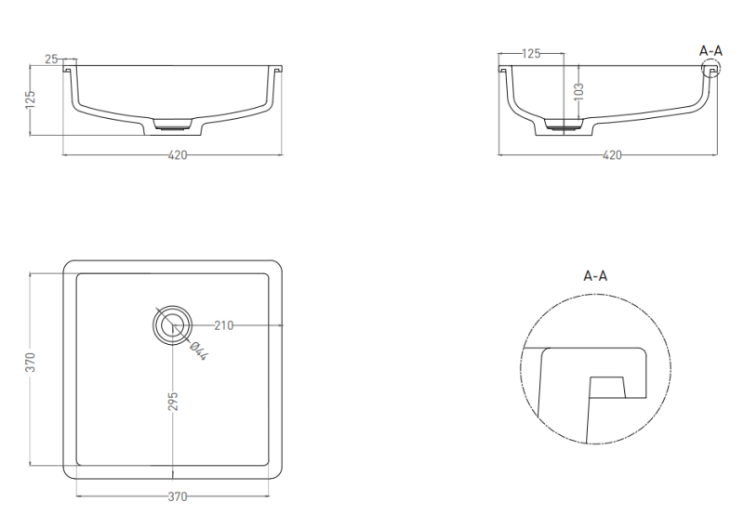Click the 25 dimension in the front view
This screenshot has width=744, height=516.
point(51,59)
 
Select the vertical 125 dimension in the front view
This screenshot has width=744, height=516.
point(30,99)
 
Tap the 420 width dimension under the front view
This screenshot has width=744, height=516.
point(178,155)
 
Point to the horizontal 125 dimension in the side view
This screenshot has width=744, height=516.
point(531,54)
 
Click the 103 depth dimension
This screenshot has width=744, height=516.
point(578,91)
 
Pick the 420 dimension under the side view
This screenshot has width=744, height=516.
point(612,155)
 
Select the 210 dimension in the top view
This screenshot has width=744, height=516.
point(224,325)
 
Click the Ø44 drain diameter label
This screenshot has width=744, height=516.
point(198,351)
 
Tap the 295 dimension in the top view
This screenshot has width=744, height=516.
point(173,402)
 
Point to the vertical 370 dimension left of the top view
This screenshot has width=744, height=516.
point(30,363)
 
